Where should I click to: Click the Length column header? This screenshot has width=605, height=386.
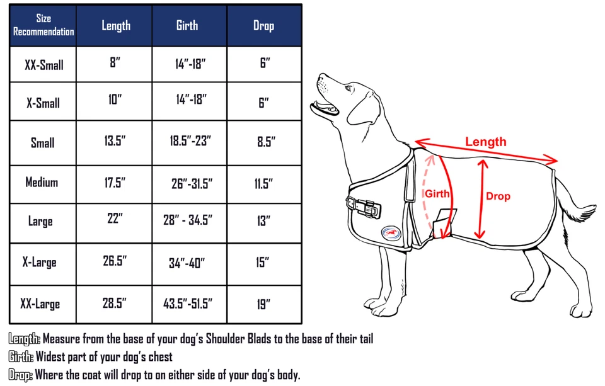(116, 25)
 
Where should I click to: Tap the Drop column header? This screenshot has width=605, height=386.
(263, 25)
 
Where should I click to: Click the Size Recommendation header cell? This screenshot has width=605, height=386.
(43, 25)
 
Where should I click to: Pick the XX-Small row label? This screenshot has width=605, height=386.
(43, 64)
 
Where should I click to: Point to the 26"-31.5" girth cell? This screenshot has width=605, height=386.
(192, 184)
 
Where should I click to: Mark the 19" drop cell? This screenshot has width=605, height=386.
(263, 304)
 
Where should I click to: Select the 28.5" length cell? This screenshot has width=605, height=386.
(115, 303)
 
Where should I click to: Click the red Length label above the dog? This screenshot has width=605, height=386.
(485, 142)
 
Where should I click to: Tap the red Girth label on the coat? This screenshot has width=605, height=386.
(437, 194)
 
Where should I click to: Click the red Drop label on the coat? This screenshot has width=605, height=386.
(498, 196)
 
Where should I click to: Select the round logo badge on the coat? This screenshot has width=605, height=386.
(389, 232)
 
